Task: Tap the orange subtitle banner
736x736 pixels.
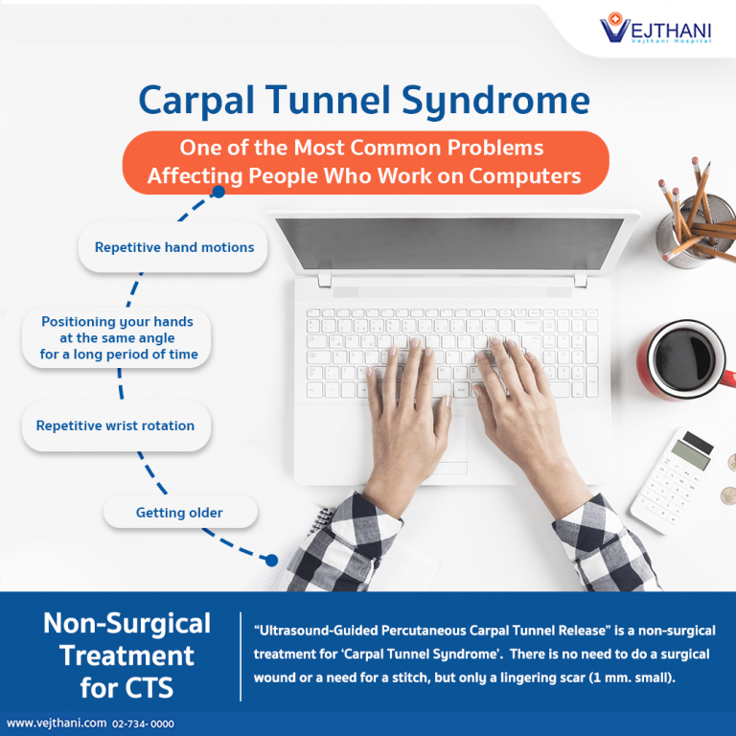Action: click(364, 162)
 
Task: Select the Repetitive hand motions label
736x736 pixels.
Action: click(174, 247)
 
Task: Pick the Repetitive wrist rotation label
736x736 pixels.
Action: click(115, 425)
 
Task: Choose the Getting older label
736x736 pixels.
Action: click(179, 513)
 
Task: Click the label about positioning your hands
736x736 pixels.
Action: click(119, 338)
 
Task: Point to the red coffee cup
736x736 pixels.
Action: click(686, 360)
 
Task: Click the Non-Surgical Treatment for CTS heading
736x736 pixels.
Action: click(126, 655)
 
